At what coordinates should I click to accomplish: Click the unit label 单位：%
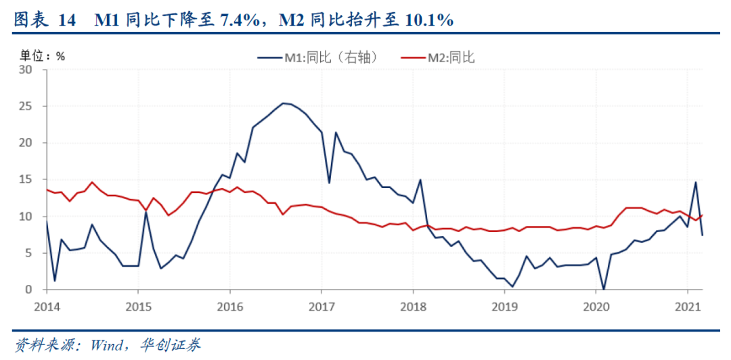pyautogui.click(x=42, y=56)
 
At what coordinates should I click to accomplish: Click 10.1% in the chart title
pyautogui.click(x=429, y=21)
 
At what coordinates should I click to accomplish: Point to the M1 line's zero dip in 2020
pyautogui.click(x=604, y=289)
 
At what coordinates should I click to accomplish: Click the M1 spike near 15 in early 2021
pyautogui.click(x=695, y=182)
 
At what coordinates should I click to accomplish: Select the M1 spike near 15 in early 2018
pyautogui.click(x=420, y=180)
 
